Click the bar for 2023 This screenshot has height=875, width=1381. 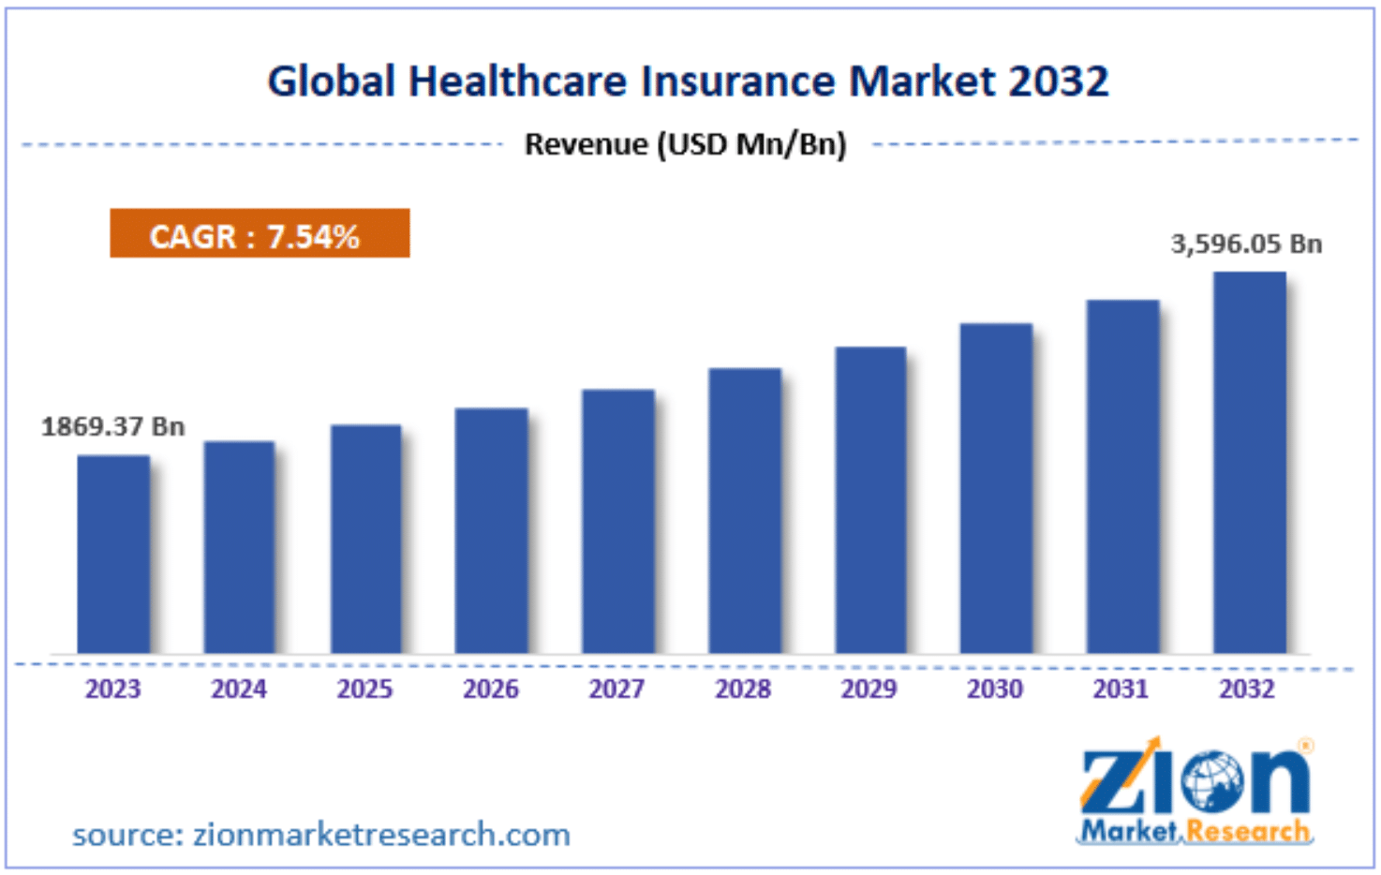pyautogui.click(x=113, y=554)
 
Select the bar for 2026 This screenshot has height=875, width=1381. pyautogui.click(x=492, y=530)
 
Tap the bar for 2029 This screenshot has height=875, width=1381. pyautogui.click(x=870, y=500)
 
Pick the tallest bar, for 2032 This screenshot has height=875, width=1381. pyautogui.click(x=1249, y=463)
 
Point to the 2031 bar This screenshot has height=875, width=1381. pyautogui.click(x=1122, y=477)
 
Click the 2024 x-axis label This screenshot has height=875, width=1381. pyautogui.click(x=239, y=690)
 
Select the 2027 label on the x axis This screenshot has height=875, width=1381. pyautogui.click(x=616, y=690)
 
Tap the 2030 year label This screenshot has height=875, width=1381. pyautogui.click(x=995, y=690)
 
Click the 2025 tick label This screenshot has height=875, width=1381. pyautogui.click(x=364, y=690)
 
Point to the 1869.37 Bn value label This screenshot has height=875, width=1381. pyautogui.click(x=113, y=427)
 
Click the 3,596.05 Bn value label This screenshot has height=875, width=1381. pyautogui.click(x=1246, y=245)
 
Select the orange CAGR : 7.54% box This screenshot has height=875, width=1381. pyautogui.click(x=260, y=233)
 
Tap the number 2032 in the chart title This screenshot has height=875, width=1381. pyautogui.click(x=1059, y=82)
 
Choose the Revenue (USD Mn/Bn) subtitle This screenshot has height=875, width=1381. pyautogui.click(x=685, y=144)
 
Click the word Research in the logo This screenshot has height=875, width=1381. pyautogui.click(x=1248, y=831)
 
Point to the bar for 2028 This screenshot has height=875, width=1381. pyautogui.click(x=745, y=511)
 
